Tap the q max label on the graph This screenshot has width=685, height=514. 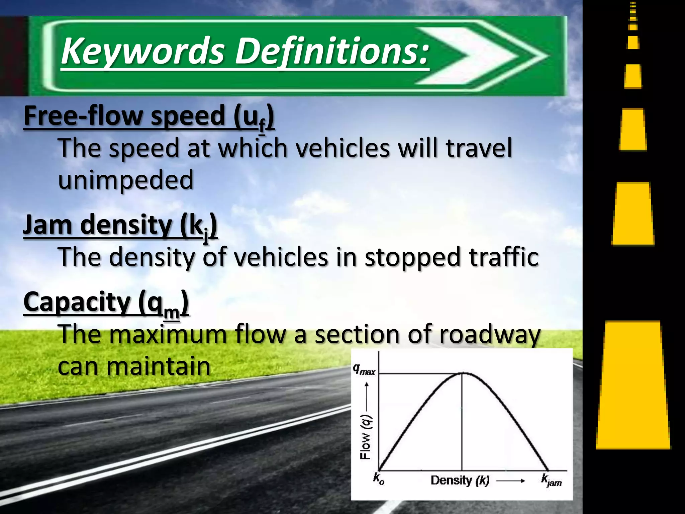pos(364,369)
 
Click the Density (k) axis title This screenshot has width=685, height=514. pos(460,481)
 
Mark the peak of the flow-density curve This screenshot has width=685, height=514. pos(462,373)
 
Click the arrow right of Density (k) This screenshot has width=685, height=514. pos(510,481)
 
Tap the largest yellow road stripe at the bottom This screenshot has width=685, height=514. pos(633,385)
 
